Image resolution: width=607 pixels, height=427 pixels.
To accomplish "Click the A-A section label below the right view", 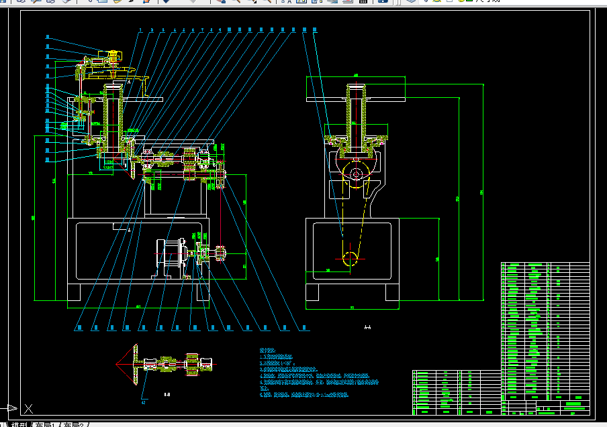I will tap(367, 328).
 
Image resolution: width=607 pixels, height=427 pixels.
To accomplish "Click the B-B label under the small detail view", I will tap(167, 395).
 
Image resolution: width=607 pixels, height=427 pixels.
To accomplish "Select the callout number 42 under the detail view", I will tap(143, 402).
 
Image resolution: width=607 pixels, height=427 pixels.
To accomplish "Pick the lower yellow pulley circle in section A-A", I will tap(351, 259).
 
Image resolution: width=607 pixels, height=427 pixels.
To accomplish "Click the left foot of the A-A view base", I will tap(313, 293).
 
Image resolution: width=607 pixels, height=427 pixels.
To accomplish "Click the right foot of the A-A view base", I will tap(393, 293).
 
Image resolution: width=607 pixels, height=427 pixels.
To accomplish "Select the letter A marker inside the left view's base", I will tap(129, 229).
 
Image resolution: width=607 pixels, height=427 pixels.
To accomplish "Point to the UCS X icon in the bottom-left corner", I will tap(28, 408).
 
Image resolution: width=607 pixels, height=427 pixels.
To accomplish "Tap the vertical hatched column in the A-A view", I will tap(354, 114).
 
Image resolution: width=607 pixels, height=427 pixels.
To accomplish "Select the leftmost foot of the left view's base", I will tap(74, 293).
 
